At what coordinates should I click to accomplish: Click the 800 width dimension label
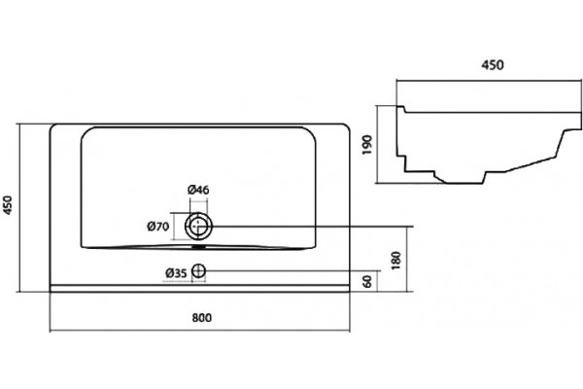[202, 318]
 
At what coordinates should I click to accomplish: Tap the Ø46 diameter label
[198, 190]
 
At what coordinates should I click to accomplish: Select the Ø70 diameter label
[158, 226]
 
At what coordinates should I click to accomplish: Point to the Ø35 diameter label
[176, 273]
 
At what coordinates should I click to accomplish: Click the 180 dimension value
[396, 261]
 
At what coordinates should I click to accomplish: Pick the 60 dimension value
[367, 281]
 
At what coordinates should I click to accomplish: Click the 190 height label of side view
[367, 145]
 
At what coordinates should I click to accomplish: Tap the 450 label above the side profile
[493, 65]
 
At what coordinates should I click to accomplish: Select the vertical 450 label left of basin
[8, 205]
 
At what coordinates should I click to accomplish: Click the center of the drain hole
[198, 226]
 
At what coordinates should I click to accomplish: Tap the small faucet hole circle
[198, 271]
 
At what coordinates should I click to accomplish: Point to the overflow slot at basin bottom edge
[199, 246]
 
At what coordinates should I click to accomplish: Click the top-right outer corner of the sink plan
[349, 125]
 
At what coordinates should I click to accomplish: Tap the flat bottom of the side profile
[464, 183]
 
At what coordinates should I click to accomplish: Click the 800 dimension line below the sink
[199, 331]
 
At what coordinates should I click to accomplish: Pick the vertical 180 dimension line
[408, 259]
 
